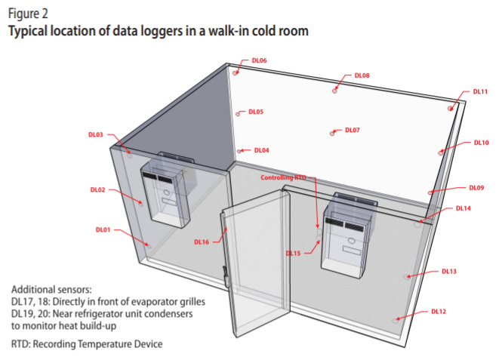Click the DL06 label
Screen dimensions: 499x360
pos(259,60)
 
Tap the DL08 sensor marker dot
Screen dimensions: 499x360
pos(334,91)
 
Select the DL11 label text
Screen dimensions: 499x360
pos(480,91)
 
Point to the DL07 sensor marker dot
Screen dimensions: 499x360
pos(332,134)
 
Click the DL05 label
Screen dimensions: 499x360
pos(256,112)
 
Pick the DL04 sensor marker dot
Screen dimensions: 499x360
pos(239,151)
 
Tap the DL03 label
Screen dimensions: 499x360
pos(95,134)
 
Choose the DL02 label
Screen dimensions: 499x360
pos(97,189)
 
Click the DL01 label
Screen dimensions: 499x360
pos(103,229)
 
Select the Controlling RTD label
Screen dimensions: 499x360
pos(283,177)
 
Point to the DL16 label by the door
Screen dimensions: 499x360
pos(202,242)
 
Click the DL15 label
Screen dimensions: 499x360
pos(293,254)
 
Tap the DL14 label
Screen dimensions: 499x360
pos(463,208)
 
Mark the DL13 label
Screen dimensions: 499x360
pos(449,271)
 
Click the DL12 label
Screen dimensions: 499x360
pos(439,312)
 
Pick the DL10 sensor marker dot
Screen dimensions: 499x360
pos(440,152)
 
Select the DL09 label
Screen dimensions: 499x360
pos(476,188)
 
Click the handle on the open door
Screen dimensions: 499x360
pos(225,275)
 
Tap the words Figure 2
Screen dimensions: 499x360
pos(28,14)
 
